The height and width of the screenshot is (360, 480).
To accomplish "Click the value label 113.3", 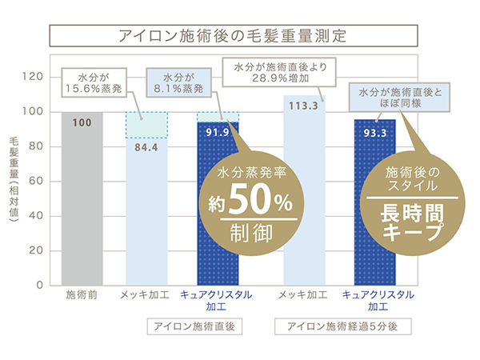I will coord(306,104).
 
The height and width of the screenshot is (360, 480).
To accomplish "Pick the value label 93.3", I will coord(375,131).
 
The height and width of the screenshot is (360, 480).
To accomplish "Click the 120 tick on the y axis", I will coord(32,77).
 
